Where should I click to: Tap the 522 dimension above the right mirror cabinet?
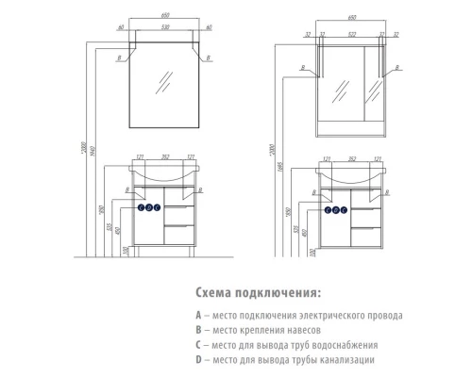[351, 34]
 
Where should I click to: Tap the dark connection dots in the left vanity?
[151, 206]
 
